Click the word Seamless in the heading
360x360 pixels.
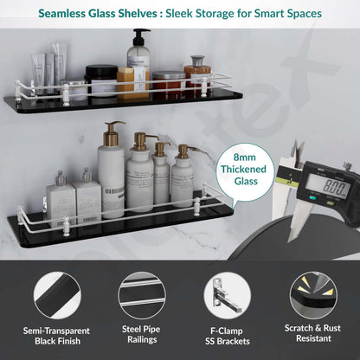point(61,14)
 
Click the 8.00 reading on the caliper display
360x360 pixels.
point(334,186)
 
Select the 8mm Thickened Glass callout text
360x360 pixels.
point(244,169)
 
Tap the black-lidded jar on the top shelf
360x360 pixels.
point(101,80)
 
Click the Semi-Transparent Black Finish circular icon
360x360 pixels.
point(57,296)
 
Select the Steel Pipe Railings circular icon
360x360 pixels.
point(142,296)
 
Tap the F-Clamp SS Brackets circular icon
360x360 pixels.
point(228,296)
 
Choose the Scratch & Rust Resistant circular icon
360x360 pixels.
point(313,296)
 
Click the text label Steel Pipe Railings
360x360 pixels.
point(141,334)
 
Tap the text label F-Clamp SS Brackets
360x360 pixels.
point(228,336)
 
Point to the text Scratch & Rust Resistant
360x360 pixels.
point(313,333)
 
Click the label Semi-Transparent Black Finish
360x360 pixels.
point(57,336)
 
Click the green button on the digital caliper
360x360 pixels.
point(312,198)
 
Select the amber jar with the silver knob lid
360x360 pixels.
point(197,74)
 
